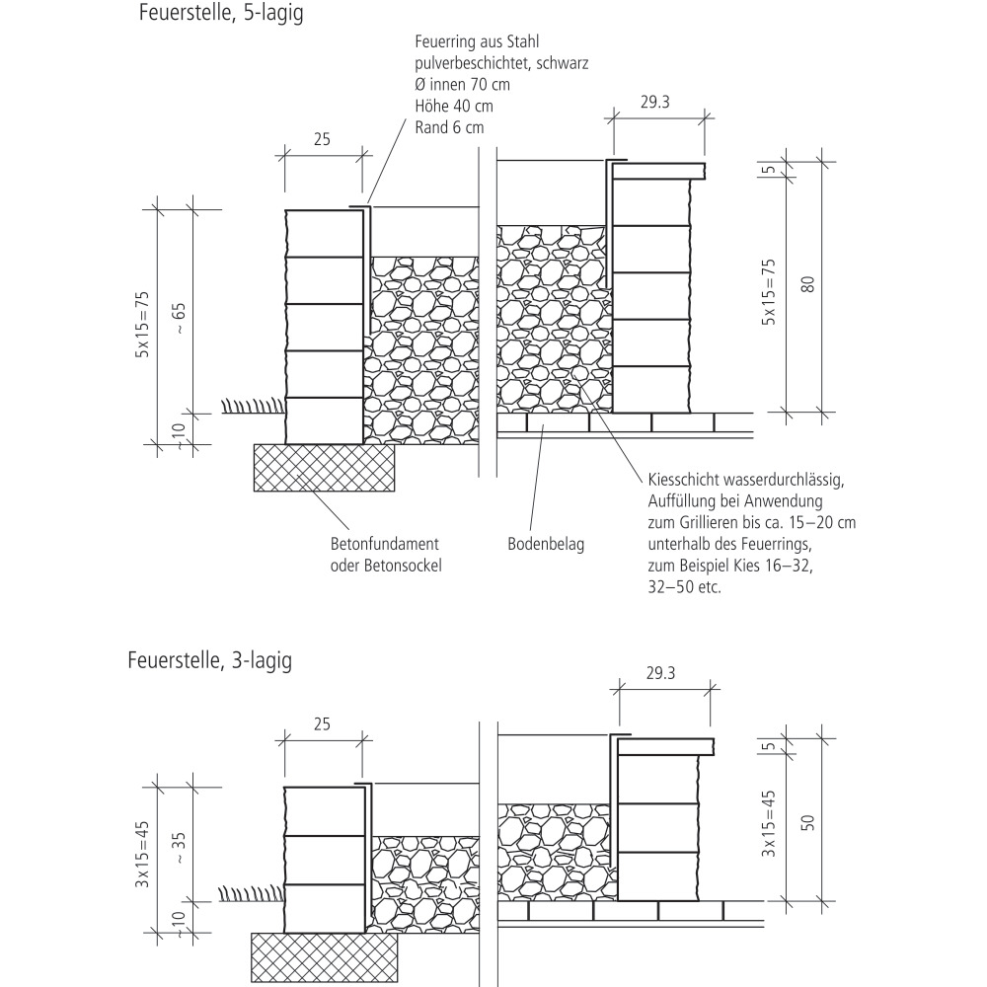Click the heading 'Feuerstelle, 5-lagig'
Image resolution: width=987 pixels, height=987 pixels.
point(221,16)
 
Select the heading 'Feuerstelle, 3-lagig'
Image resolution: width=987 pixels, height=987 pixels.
point(209,660)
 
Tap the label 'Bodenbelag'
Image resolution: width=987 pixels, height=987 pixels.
point(546,545)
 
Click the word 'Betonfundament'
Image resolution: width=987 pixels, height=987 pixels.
point(384,545)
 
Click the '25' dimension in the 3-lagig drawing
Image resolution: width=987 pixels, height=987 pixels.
point(322,723)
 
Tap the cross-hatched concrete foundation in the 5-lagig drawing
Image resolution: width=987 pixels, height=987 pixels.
point(325,468)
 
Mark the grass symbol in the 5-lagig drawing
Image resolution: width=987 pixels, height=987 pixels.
point(249,406)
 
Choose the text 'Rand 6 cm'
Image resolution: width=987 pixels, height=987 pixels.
point(449,126)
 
